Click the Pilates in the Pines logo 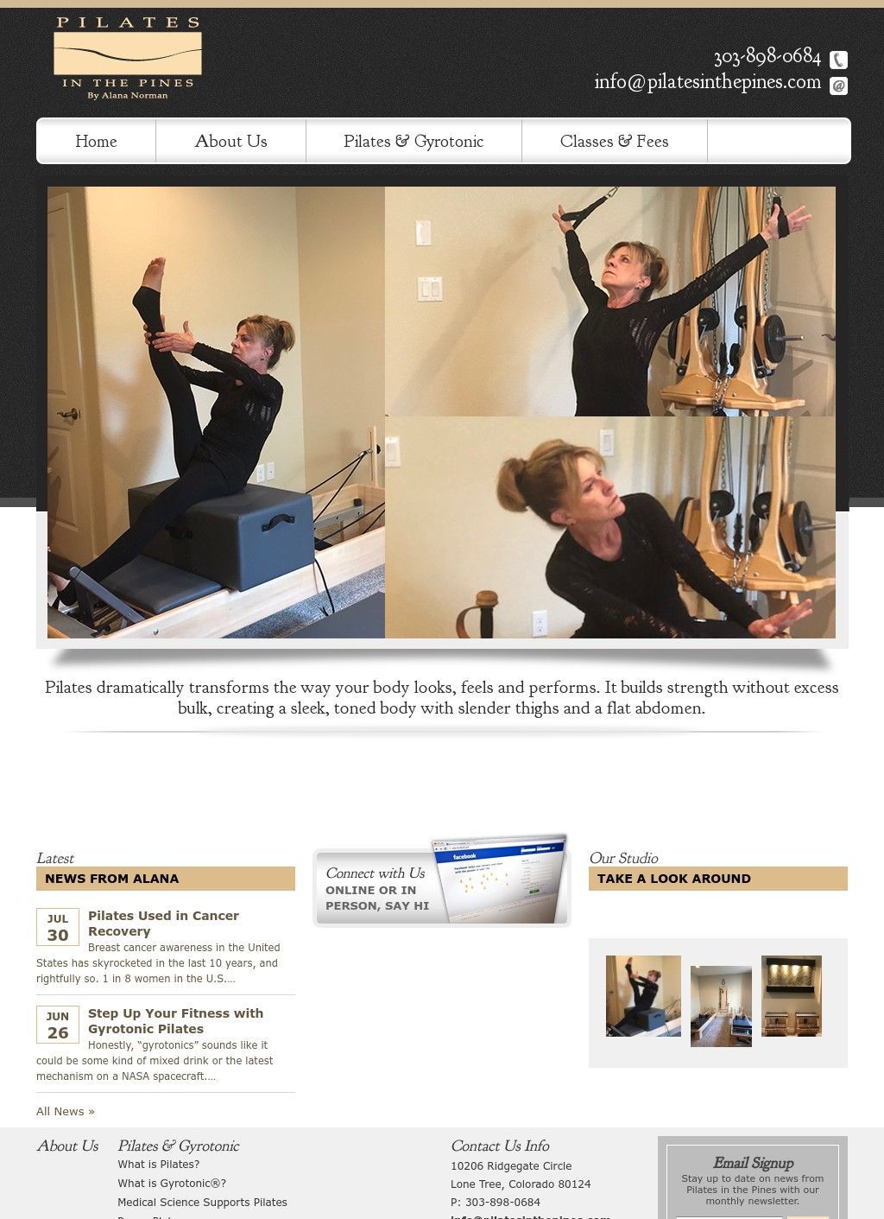coord(128,58)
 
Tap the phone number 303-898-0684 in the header coord(767,57)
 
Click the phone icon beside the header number coord(838,60)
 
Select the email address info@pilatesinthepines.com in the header coord(707,82)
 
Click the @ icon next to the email coord(838,86)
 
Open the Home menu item coord(96,141)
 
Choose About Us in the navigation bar coord(230,141)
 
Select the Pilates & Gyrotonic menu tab coord(414,141)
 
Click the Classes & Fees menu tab coord(614,141)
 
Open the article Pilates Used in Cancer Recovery coord(163,923)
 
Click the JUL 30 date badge coord(58,927)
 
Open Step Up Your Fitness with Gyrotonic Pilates coord(175,1020)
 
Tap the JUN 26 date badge coord(58,1025)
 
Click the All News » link coord(66,1111)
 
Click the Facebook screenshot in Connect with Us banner coord(501,879)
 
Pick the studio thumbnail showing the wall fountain coord(791,995)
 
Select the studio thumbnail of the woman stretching coord(643,995)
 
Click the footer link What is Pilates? coord(159,1165)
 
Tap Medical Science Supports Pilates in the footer coord(202,1202)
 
